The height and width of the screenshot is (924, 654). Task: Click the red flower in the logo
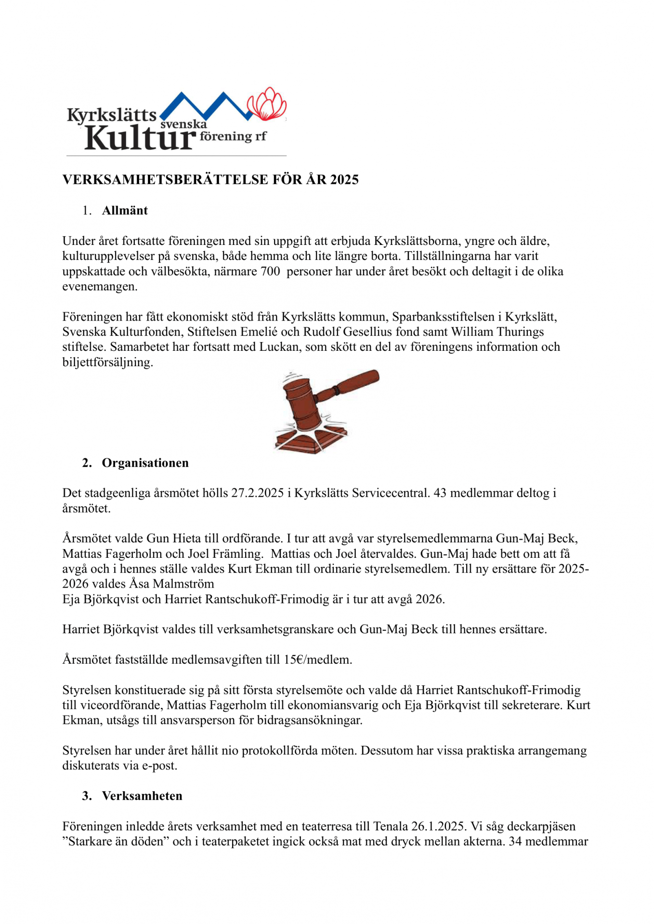[267, 103]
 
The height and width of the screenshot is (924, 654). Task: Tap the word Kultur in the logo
[140, 138]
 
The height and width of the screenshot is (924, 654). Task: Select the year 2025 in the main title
[344, 180]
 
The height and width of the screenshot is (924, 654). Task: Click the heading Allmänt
[125, 210]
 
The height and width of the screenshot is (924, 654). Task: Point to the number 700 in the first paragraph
[270, 271]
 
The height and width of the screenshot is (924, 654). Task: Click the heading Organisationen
[145, 463]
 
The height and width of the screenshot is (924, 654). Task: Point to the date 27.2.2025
[257, 493]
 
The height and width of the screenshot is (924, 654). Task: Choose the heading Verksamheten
[142, 796]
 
